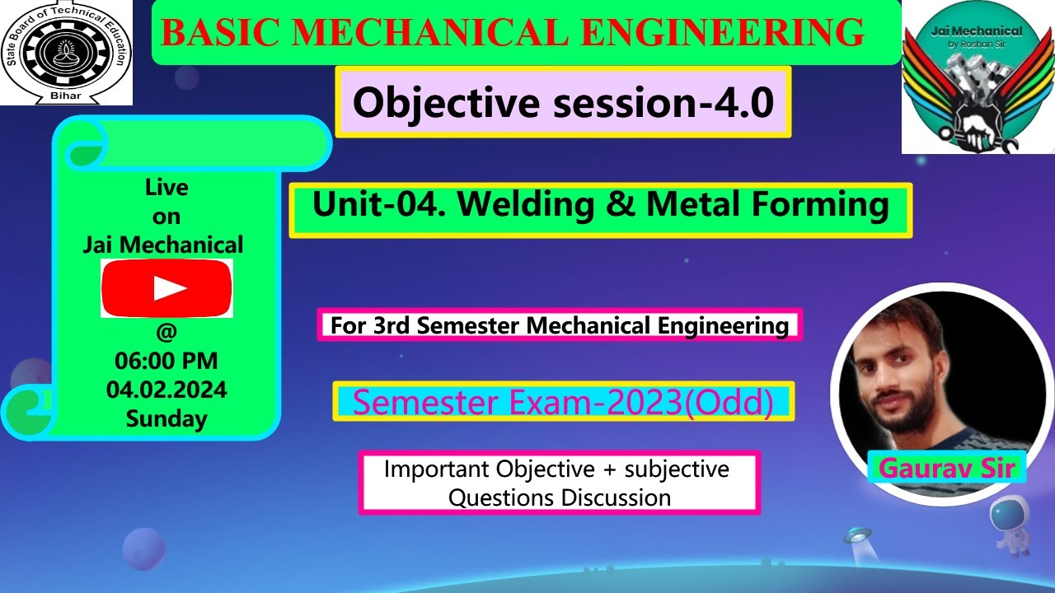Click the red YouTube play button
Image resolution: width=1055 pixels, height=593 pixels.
(x=166, y=288)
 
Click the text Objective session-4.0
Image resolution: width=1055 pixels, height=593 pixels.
(x=563, y=103)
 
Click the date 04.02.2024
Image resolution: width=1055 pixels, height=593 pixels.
(x=166, y=390)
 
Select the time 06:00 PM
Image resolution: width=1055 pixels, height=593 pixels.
(x=166, y=361)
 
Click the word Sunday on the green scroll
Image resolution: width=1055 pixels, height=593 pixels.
(x=166, y=418)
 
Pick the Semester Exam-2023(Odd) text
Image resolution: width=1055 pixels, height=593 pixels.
(x=563, y=402)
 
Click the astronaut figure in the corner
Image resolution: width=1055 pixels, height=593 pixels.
(x=1008, y=526)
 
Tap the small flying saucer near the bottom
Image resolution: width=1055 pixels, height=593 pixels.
(x=857, y=538)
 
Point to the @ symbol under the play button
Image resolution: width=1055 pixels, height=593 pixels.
(x=166, y=332)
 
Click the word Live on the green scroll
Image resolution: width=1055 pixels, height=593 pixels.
(x=166, y=188)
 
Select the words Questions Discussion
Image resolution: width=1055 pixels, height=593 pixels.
(x=559, y=497)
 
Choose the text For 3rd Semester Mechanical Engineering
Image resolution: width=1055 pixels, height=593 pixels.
(x=560, y=325)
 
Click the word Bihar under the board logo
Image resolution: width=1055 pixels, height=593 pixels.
(x=66, y=97)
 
